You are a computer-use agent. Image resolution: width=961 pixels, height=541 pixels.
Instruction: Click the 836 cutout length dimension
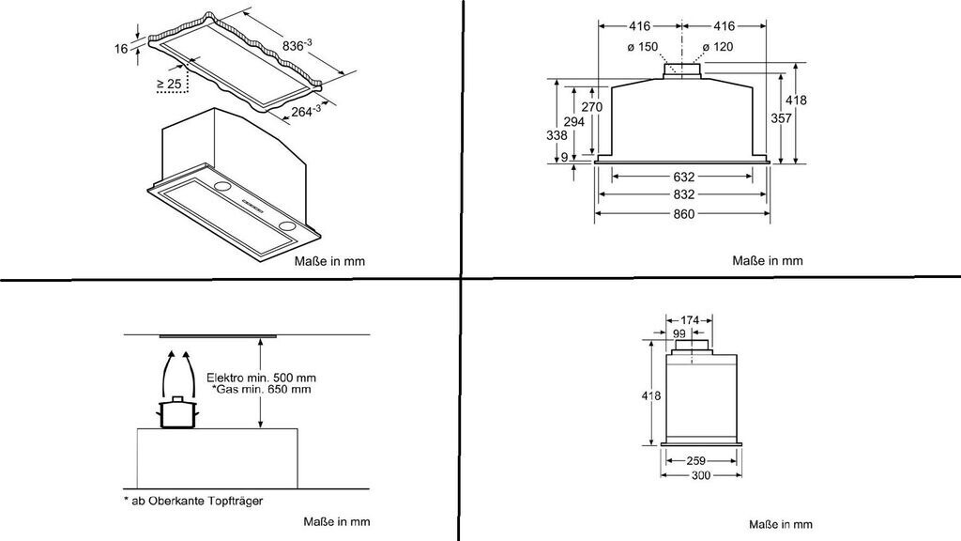[x=297, y=45]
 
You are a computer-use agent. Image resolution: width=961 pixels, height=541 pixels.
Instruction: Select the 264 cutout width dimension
[x=306, y=111]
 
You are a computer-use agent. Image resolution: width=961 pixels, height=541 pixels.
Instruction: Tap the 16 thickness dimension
[x=121, y=48]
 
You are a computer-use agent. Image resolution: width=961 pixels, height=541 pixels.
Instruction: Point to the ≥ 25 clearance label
[x=169, y=84]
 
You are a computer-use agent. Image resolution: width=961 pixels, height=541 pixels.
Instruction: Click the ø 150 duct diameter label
[x=642, y=47]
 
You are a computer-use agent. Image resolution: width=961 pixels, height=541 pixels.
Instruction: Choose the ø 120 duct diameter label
[x=718, y=47]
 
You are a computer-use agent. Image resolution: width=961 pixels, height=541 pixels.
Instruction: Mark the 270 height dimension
[x=592, y=107]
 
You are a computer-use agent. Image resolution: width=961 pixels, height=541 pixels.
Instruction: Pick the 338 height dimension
[x=557, y=135]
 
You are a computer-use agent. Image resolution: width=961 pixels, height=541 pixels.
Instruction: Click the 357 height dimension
[x=781, y=117]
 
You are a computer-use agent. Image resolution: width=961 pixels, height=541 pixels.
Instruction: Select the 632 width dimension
[x=683, y=177]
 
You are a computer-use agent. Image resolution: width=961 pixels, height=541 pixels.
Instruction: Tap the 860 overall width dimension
[x=683, y=213]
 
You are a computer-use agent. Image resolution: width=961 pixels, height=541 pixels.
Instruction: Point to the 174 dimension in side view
[x=690, y=320]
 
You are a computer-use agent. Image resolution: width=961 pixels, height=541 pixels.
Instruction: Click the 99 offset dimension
[x=679, y=333]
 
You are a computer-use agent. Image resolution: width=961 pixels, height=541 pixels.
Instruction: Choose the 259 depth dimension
[x=695, y=460]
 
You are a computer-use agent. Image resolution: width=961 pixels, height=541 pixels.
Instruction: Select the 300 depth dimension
[x=700, y=475]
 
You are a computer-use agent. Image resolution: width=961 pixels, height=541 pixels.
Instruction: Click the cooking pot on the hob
[x=178, y=413]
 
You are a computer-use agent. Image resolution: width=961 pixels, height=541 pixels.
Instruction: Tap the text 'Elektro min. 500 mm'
[x=261, y=378]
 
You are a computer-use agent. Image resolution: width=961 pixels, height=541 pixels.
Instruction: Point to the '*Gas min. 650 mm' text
[x=262, y=390]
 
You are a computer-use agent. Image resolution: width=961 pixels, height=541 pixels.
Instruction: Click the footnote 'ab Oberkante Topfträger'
[x=197, y=502]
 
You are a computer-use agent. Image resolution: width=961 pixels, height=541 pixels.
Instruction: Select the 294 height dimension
[x=573, y=122]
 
